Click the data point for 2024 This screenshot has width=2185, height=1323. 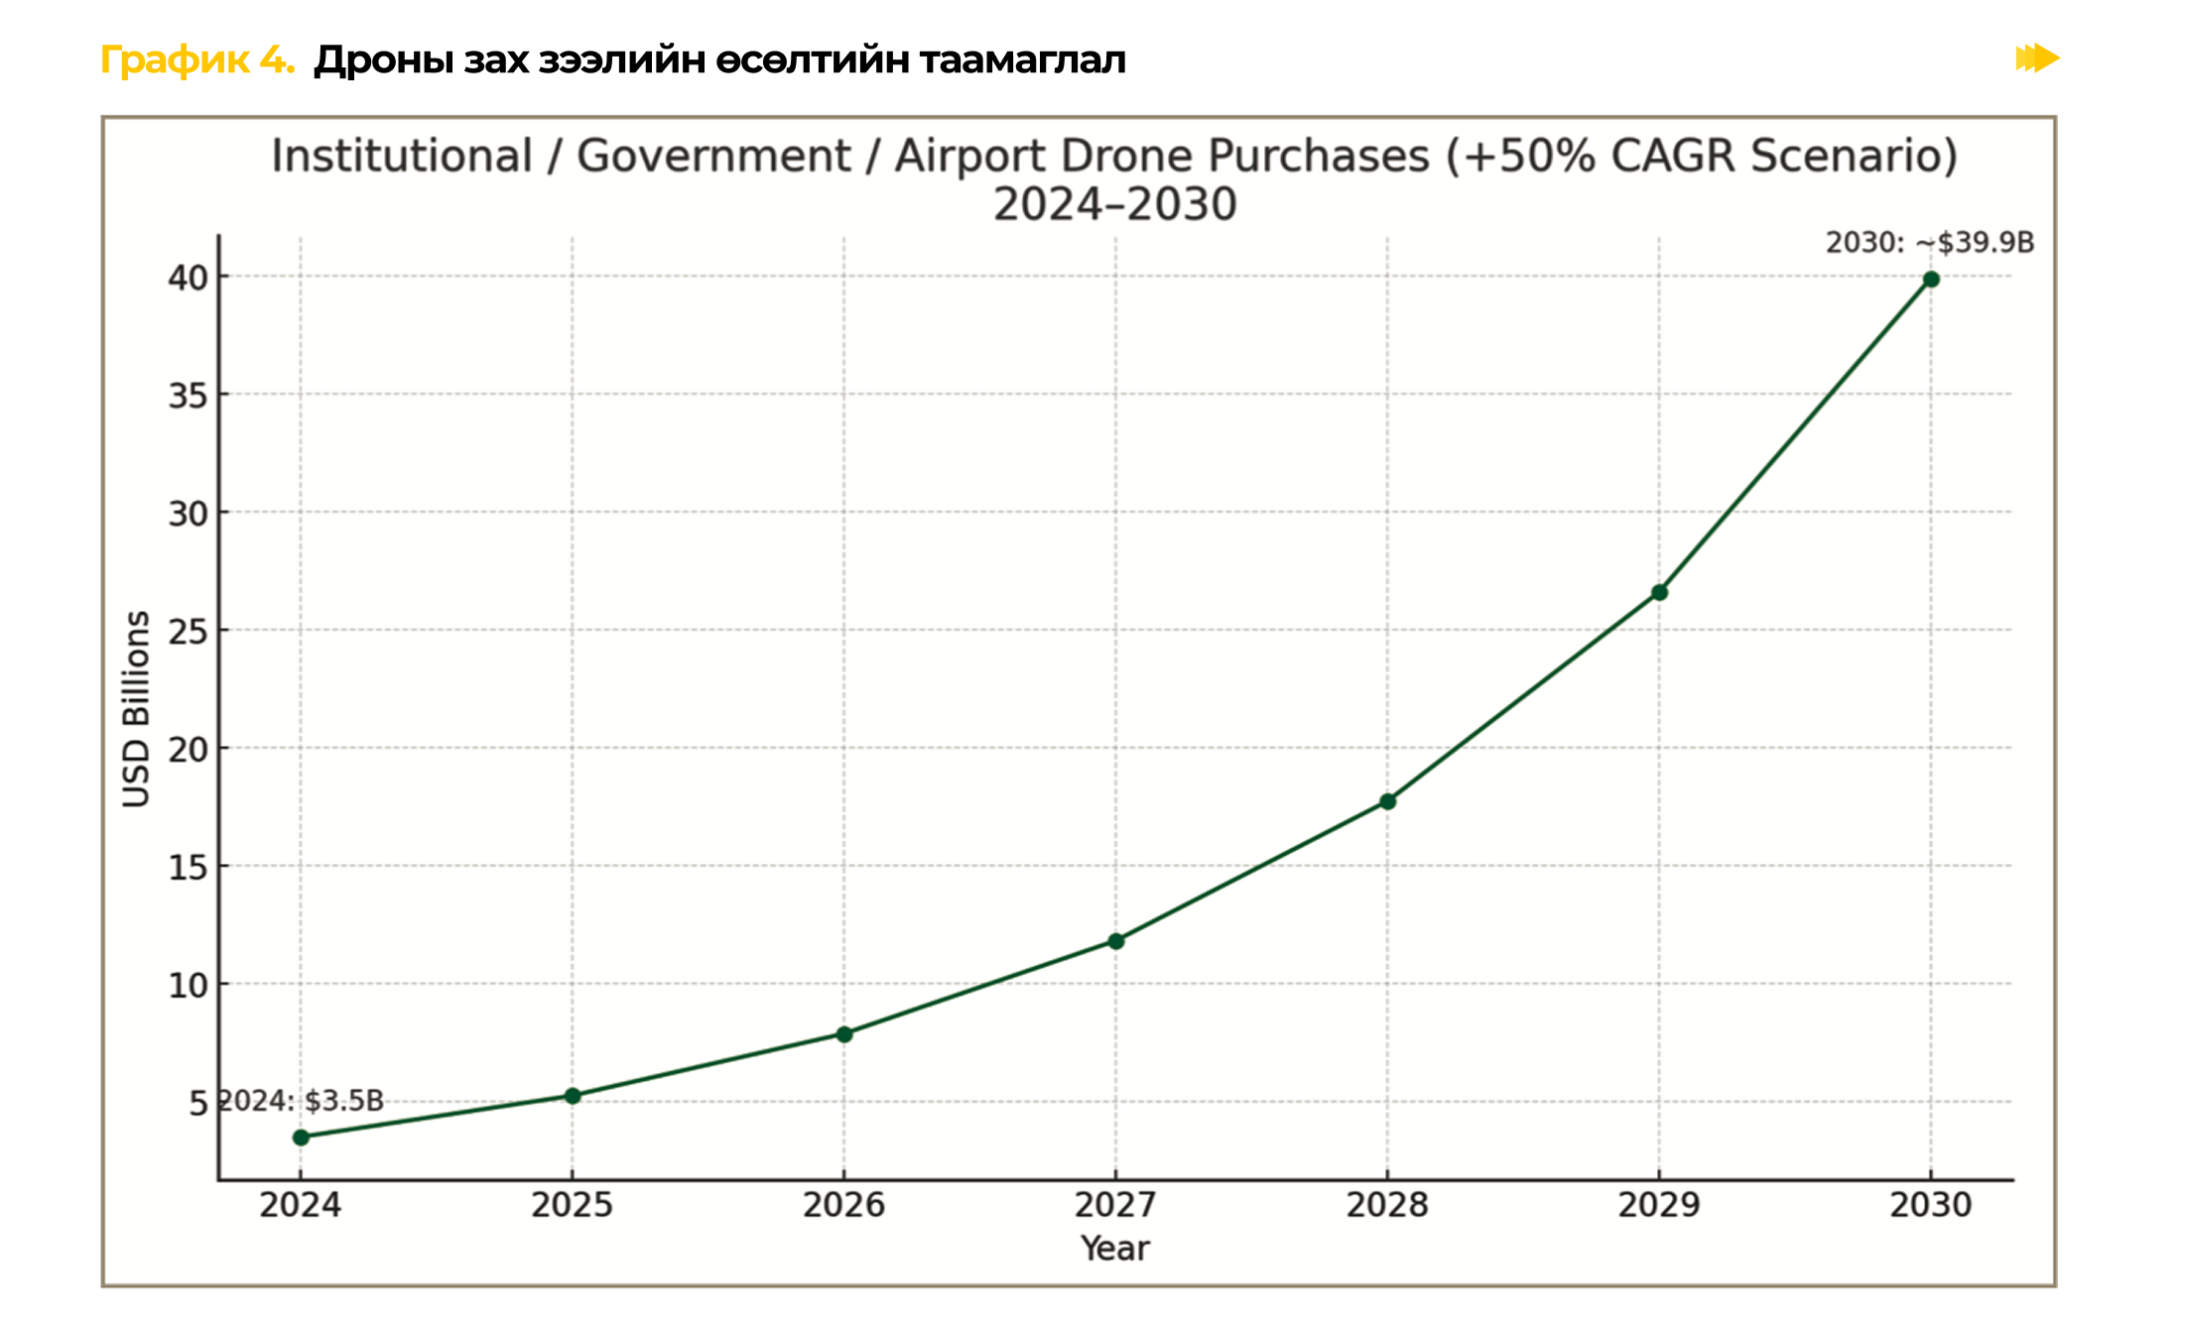(301, 1138)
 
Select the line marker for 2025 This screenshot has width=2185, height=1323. (573, 1096)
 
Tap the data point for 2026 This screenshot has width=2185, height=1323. (844, 1034)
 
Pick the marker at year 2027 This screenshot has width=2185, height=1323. (1116, 941)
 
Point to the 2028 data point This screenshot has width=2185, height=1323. (1388, 801)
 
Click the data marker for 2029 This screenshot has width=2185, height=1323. (1659, 593)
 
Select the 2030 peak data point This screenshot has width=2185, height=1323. (1931, 280)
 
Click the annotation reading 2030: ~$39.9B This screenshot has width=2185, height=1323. (1930, 243)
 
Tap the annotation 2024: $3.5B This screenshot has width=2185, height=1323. (301, 1101)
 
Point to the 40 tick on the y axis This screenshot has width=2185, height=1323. (188, 278)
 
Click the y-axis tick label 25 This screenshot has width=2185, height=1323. (188, 631)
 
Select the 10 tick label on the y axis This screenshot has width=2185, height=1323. (188, 985)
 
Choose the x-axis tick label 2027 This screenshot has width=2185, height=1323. (1116, 1205)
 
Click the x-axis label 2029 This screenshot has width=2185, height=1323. (1659, 1205)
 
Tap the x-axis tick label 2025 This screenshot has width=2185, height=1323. (573, 1205)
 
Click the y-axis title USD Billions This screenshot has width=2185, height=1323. (136, 709)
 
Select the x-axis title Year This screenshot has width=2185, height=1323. (1115, 1249)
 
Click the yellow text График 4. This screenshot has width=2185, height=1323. (197, 60)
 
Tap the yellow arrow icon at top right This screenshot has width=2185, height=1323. (2037, 59)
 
